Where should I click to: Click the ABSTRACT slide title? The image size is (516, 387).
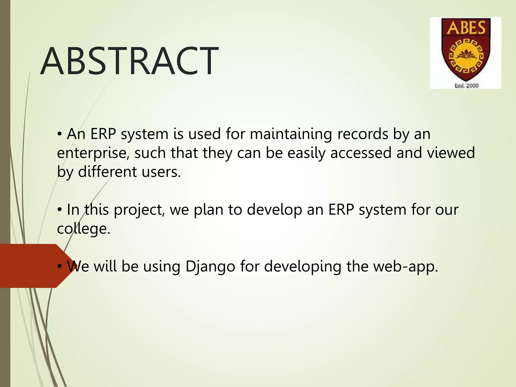coord(129,61)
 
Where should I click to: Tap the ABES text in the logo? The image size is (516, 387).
coord(466,28)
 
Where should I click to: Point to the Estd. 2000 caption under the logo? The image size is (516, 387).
coord(466,86)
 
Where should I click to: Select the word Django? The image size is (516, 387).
coord(210,267)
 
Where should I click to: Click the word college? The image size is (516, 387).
coord(83,229)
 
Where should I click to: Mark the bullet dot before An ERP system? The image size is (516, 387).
coord(59,134)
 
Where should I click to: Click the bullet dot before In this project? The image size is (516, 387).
coord(59,210)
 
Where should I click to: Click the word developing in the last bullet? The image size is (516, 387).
coord(302,267)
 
